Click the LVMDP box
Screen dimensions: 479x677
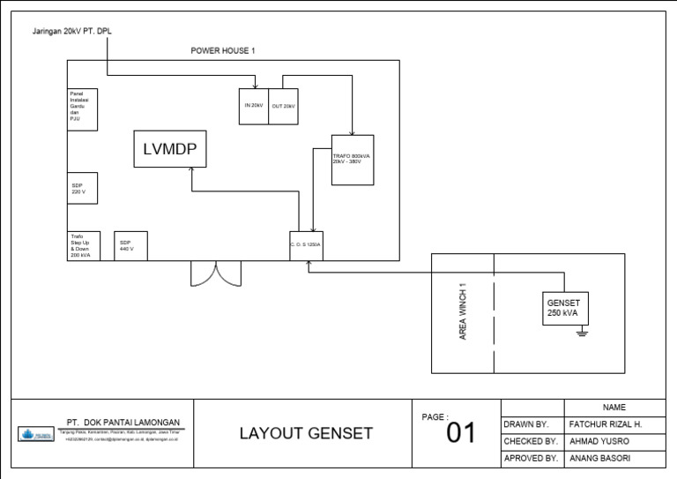pos(171,149)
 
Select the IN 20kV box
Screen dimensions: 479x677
pos(254,106)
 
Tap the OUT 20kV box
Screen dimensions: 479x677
pos(283,106)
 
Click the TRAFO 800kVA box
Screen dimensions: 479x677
pos(353,160)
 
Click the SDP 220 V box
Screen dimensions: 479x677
pos(83,189)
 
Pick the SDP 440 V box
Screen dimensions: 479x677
pos(131,246)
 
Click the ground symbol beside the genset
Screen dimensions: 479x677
pos(581,333)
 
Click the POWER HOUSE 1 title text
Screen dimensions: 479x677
pos(223,51)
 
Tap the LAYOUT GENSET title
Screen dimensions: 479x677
pos(306,433)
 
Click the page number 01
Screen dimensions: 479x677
pos(460,433)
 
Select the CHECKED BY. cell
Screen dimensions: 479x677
pos(529,441)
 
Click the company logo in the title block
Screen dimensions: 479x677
pos(36,434)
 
